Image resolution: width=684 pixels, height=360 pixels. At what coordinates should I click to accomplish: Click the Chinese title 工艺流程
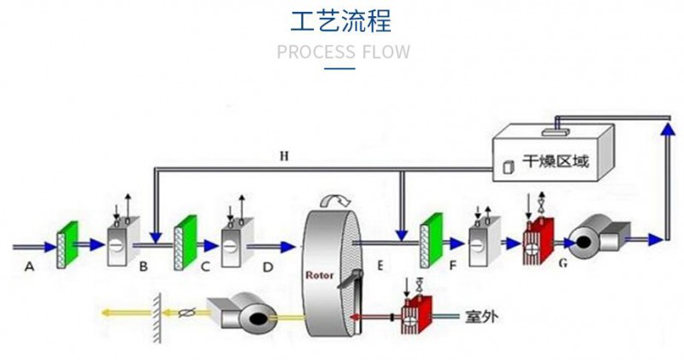coord(342,21)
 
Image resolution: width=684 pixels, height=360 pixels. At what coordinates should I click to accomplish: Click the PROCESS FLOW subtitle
coord(343,51)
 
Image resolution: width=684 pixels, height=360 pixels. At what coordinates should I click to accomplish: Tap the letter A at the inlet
coord(29,267)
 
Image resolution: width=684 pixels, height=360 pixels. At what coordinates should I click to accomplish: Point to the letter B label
coord(144,267)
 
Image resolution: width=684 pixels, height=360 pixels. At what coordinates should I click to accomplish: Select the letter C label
coord(205,267)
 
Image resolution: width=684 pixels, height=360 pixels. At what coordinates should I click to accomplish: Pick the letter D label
coord(268,267)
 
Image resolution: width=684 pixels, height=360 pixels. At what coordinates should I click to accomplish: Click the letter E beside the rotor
coord(379,266)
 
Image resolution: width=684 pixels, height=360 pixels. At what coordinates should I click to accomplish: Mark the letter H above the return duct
coord(285,156)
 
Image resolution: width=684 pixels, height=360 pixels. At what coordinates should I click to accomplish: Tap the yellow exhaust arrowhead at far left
coord(105,313)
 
